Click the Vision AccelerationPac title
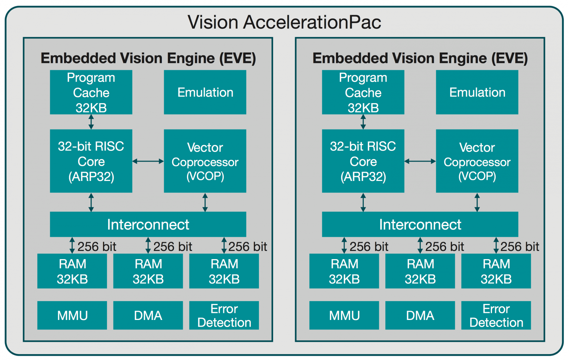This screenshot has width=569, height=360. [x=284, y=22]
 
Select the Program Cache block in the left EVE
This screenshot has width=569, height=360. [x=91, y=92]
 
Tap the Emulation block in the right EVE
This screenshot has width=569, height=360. [x=477, y=92]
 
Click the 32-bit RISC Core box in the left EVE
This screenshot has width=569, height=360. [x=91, y=161]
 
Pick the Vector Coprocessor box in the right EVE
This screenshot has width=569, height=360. [x=477, y=161]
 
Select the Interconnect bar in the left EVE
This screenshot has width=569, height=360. [x=148, y=224]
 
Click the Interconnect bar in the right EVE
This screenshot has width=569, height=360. [x=420, y=224]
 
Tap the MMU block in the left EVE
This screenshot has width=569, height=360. [x=72, y=315]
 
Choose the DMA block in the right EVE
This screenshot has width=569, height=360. [x=420, y=315]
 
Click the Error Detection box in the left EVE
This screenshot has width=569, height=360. [x=224, y=315]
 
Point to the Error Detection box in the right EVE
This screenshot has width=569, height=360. [x=496, y=315]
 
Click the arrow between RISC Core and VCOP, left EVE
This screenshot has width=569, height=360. [x=148, y=161]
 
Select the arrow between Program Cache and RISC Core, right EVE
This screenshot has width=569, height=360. [x=363, y=122]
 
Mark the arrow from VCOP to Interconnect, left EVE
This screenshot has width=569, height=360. [x=205, y=202]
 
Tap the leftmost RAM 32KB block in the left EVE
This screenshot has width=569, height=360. [x=72, y=271]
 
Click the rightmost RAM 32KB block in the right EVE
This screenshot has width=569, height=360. [x=496, y=271]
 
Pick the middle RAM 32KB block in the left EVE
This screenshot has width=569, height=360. [x=148, y=271]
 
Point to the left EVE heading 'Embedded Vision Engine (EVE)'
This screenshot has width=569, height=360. [x=148, y=58]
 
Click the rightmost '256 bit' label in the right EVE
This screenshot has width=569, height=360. [x=519, y=247]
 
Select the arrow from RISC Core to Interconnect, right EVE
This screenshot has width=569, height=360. [x=363, y=202]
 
